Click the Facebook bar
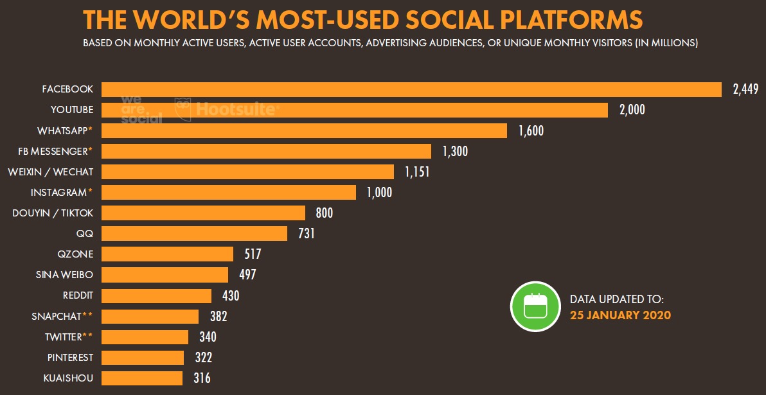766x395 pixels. (x=411, y=89)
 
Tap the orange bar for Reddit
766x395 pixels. (x=156, y=295)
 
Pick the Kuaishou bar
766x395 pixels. (x=142, y=378)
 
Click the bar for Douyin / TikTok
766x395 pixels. (x=203, y=213)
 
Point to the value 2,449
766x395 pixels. (x=745, y=89)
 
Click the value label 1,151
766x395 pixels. (x=417, y=171)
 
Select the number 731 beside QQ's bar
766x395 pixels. (x=307, y=233)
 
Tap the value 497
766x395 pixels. (x=247, y=275)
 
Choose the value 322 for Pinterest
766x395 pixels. (x=203, y=358)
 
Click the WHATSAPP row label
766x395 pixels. (x=62, y=130)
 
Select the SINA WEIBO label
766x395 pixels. (x=64, y=275)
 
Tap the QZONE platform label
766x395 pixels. (x=75, y=254)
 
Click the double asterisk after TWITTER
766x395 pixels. (x=89, y=335)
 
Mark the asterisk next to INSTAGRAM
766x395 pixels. (x=91, y=191)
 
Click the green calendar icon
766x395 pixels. (x=535, y=306)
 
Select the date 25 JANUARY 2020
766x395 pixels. (x=620, y=315)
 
